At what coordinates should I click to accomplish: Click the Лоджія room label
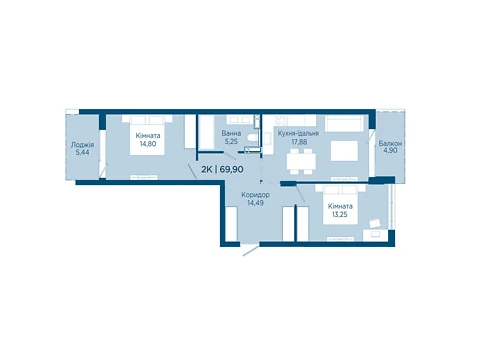(x=82, y=145)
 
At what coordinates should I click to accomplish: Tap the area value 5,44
(x=82, y=153)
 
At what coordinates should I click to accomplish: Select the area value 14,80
(x=148, y=144)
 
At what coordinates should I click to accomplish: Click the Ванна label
(x=231, y=134)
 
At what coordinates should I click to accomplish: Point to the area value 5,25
(x=231, y=142)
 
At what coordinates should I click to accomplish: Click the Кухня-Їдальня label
(x=298, y=133)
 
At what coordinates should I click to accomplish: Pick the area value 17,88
(x=299, y=142)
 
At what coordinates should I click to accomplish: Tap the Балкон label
(x=390, y=144)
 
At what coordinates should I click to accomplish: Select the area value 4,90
(x=390, y=151)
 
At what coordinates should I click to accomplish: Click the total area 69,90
(x=231, y=169)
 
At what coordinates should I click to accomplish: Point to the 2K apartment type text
(x=206, y=169)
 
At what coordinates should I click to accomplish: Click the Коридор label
(x=255, y=195)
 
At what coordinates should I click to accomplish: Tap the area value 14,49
(x=255, y=203)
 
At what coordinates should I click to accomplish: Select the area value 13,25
(x=339, y=214)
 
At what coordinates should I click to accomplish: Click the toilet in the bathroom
(x=253, y=138)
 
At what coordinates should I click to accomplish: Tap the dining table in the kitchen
(x=301, y=162)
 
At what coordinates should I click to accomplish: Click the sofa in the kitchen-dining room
(x=344, y=123)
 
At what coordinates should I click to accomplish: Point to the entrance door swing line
(x=251, y=250)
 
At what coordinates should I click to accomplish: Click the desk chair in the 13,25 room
(x=375, y=223)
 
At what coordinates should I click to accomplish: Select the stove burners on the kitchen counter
(x=281, y=119)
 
